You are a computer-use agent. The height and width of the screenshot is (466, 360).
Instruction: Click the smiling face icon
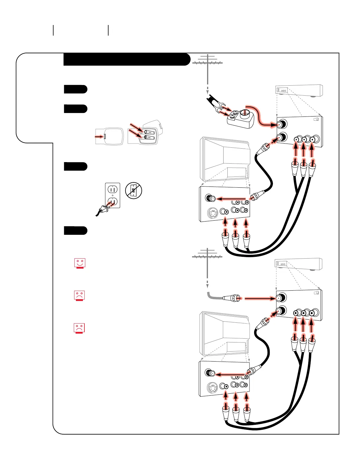pyautogui.click(x=80, y=263)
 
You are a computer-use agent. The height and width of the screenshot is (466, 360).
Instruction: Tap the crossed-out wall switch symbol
pyautogui.click(x=134, y=190)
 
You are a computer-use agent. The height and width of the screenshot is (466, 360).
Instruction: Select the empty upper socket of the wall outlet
pyautogui.click(x=113, y=190)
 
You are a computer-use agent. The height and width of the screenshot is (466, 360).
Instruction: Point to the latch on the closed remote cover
pyautogui.click(x=105, y=137)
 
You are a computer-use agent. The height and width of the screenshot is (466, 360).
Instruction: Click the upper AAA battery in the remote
pyautogui.click(x=149, y=132)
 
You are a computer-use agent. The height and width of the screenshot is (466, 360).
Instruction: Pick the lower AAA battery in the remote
pyautogui.click(x=149, y=137)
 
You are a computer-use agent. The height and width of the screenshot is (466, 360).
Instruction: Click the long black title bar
pyautogui.click(x=126, y=59)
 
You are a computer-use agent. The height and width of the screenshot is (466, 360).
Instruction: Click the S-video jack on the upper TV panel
pyautogui.click(x=212, y=213)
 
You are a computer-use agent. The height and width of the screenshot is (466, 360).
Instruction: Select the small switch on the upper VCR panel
pyautogui.click(x=316, y=119)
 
